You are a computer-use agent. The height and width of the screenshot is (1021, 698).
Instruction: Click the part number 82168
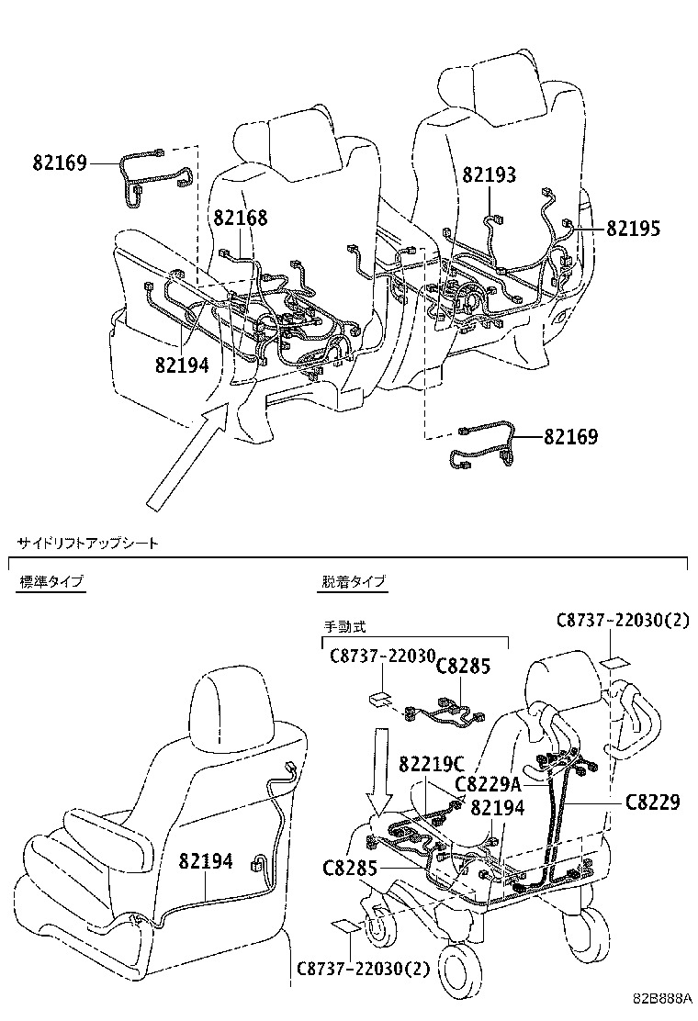click(241, 218)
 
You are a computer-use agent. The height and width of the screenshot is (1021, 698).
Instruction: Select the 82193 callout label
click(489, 174)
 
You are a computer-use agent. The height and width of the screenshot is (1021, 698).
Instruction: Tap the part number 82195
click(633, 229)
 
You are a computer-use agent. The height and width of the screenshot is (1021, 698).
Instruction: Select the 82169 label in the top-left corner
click(60, 163)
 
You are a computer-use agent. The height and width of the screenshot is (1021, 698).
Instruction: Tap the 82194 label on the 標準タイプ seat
click(206, 861)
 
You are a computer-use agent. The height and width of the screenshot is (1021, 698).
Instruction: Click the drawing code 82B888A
click(659, 999)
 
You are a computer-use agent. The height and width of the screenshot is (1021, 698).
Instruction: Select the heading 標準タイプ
click(51, 582)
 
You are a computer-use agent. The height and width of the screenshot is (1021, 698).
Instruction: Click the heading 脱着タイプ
click(354, 582)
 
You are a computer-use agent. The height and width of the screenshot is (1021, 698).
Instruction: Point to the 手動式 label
click(344, 626)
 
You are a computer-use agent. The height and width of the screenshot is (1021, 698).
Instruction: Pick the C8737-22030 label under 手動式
click(382, 657)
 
